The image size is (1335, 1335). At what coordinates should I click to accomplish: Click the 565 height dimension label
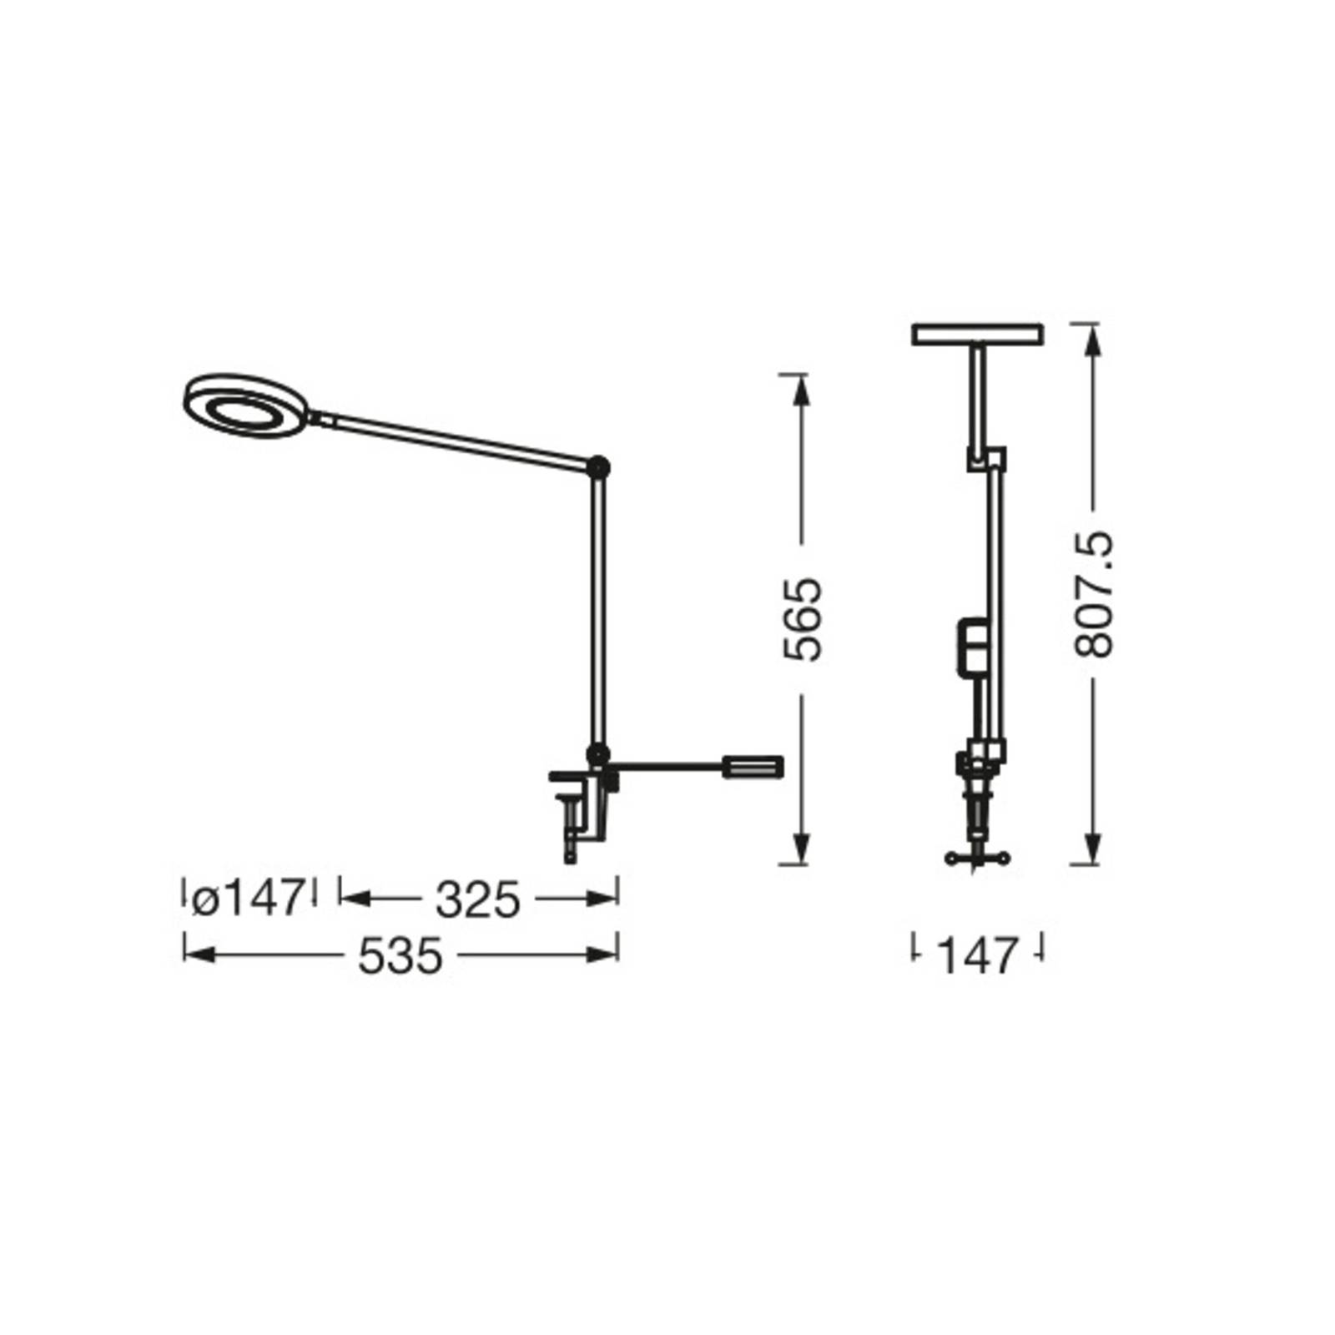click(x=804, y=619)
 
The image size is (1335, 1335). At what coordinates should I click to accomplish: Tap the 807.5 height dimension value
click(x=1094, y=593)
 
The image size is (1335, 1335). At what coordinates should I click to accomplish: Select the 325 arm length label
click(x=478, y=899)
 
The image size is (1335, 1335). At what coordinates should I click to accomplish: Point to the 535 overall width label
click(x=400, y=956)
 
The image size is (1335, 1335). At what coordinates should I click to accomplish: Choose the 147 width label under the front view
click(x=978, y=956)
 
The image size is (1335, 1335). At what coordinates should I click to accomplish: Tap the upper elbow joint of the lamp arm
click(x=598, y=468)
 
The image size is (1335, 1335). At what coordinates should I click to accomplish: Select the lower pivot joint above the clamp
click(x=597, y=755)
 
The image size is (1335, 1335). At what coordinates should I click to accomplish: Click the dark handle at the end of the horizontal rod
click(x=753, y=767)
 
